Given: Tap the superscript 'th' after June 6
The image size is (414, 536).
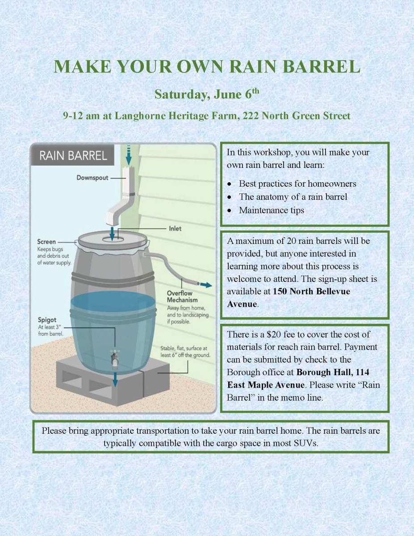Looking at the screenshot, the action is (x=255, y=91).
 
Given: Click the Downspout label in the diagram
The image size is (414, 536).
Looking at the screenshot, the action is (x=92, y=178).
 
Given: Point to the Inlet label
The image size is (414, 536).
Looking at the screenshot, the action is (x=175, y=229).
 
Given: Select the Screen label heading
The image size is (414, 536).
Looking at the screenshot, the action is (x=46, y=242).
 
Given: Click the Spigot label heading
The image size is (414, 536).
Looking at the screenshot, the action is (x=47, y=320).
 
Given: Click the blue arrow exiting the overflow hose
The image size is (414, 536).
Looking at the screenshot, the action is (x=206, y=285).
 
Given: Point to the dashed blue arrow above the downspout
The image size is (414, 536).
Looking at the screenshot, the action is (x=129, y=155).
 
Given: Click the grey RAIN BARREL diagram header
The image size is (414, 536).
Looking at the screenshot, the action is (x=72, y=155).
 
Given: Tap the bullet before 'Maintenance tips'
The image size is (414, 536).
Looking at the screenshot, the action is (x=230, y=211).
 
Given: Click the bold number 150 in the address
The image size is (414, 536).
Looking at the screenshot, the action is (x=280, y=291).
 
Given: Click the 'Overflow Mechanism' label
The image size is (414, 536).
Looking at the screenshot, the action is (x=182, y=297).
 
